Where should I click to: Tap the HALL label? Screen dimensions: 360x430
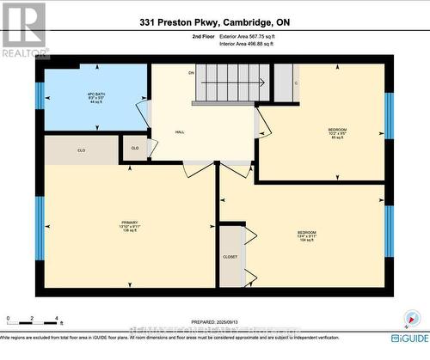click(157, 131)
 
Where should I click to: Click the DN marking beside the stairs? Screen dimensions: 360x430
click(191, 73)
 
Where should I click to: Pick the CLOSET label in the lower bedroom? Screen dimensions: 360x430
click(230, 256)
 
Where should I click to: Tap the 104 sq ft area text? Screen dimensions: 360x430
click(306, 241)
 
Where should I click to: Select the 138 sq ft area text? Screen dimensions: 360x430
click(130, 231)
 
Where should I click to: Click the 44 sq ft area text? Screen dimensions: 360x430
click(83, 102)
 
